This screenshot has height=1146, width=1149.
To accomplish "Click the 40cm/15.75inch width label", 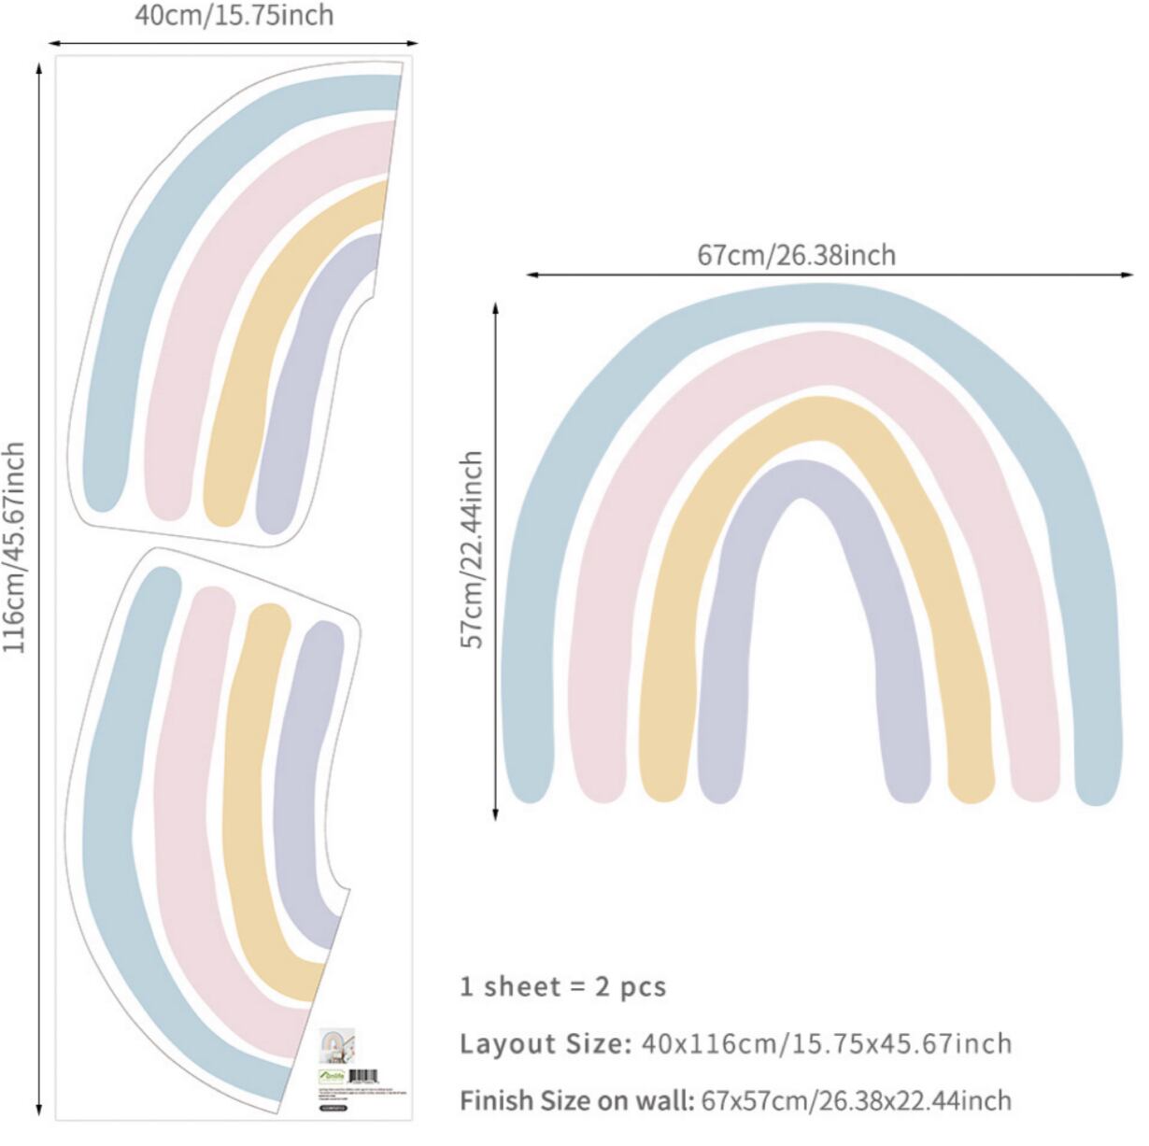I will pos(234,16).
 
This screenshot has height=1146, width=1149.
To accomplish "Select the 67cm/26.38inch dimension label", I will pos(796,255).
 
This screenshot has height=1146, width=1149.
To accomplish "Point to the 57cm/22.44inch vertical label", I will pos(474,550).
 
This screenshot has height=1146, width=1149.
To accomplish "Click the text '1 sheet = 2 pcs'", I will pos(562,986).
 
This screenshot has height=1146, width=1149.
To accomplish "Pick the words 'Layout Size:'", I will pos(546,1043).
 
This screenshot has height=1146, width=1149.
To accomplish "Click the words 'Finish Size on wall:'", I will pos(576,1100).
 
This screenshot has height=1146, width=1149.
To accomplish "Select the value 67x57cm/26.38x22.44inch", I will pos(856,1100).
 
